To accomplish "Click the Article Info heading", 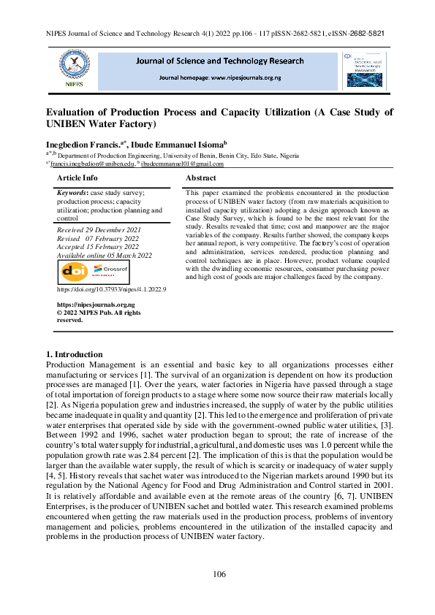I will pos(77,177).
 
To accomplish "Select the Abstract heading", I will pos(201,177).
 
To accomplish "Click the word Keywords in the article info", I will pos(72,191).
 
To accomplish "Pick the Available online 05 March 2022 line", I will pos(105,255).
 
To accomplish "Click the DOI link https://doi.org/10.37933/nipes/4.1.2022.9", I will pos(111,290).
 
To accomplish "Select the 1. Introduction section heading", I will pos(74,355).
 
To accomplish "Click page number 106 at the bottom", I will pos(219,575).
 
